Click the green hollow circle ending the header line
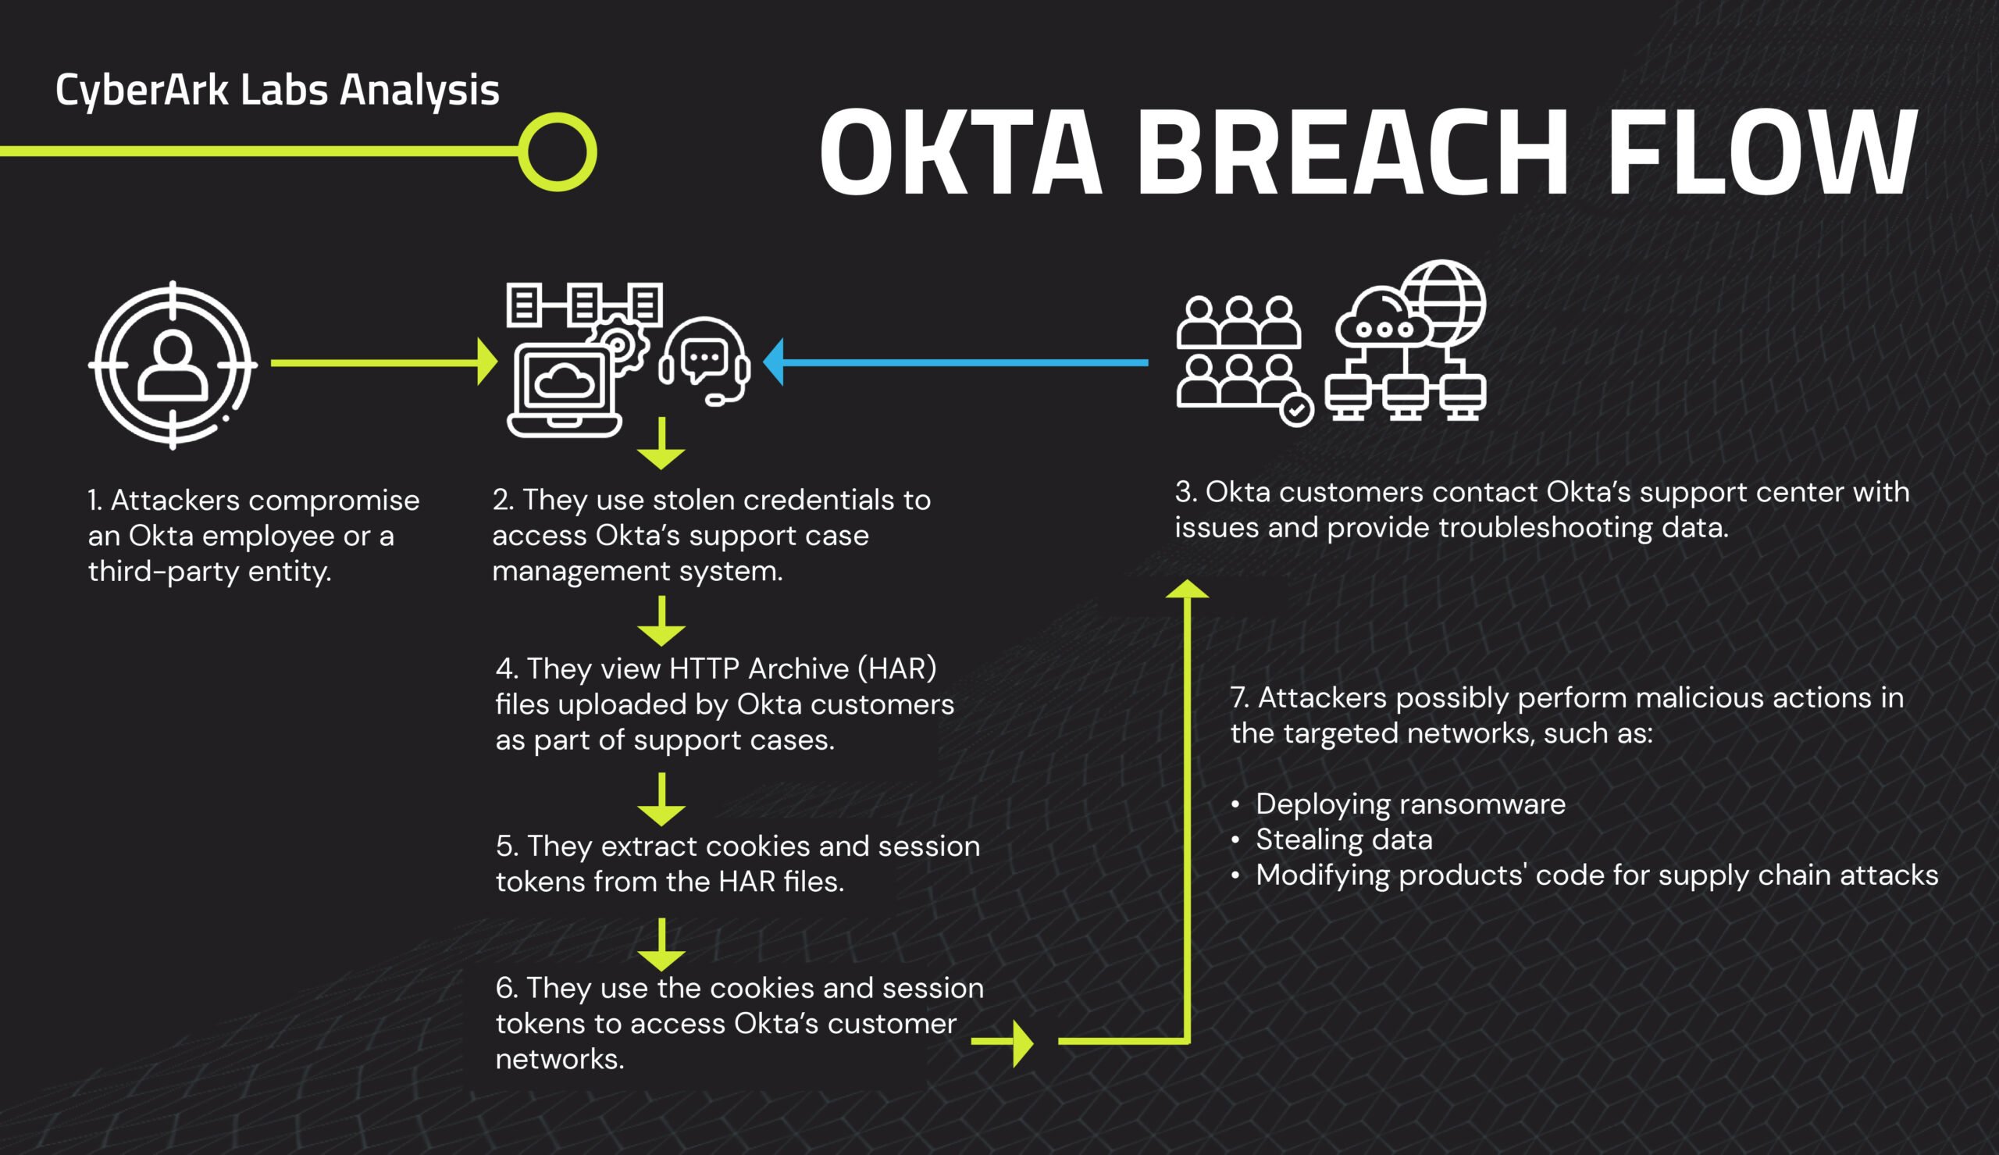point(558,152)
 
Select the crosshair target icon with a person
point(173,365)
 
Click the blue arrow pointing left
point(952,362)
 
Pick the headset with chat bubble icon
point(705,361)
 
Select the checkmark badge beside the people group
point(1297,410)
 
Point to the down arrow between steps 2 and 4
point(661,622)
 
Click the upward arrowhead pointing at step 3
point(1187,589)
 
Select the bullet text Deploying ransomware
point(1410,804)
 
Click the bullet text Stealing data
point(1343,840)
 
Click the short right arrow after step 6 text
point(1004,1042)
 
